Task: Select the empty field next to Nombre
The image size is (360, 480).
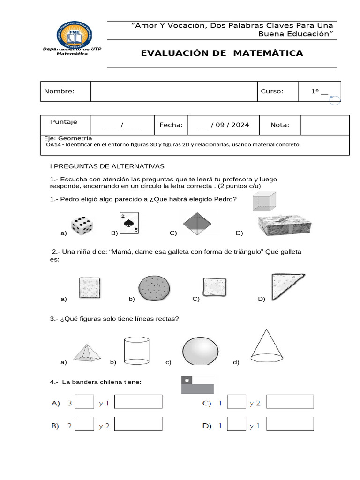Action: click(173, 91)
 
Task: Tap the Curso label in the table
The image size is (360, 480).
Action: click(272, 91)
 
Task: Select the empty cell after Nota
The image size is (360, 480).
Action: click(324, 125)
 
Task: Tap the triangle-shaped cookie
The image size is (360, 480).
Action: click(285, 287)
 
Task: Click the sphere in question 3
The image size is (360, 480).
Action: click(200, 351)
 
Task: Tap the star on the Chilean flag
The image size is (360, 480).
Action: click(188, 380)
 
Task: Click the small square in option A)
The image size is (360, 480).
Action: click(84, 402)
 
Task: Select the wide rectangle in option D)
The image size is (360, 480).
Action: click(290, 424)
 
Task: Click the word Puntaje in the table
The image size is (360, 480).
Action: click(64, 122)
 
